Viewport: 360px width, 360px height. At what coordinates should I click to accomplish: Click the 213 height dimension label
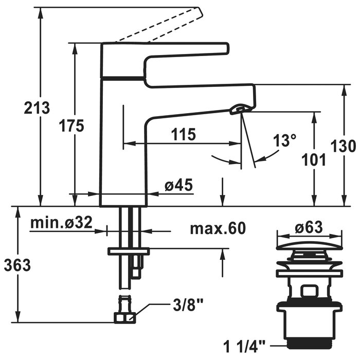(37, 108)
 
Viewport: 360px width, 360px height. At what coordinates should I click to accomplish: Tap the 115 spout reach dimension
(184, 135)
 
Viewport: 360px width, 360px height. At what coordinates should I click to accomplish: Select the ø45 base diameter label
(178, 186)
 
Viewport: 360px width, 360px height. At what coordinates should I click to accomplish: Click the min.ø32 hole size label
(61, 223)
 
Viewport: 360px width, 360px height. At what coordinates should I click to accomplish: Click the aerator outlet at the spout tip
(240, 109)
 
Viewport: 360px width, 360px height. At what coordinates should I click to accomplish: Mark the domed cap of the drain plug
(309, 246)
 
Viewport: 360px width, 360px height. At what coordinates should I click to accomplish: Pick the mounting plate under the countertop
(128, 251)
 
